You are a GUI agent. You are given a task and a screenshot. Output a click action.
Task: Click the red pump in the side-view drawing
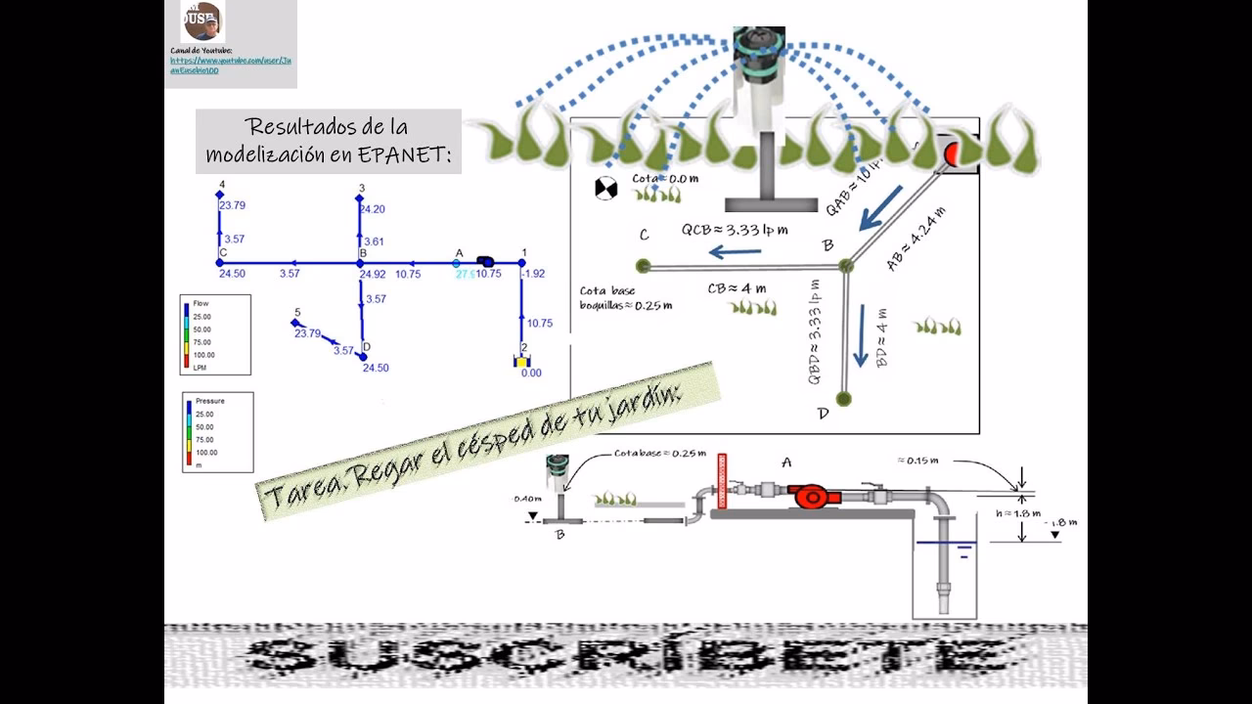[811, 496]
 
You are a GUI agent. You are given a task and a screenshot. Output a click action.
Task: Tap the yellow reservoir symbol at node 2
[523, 361]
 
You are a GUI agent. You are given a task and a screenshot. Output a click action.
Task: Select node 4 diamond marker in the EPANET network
[220, 195]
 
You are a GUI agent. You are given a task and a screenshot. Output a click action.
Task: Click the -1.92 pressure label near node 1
[533, 274]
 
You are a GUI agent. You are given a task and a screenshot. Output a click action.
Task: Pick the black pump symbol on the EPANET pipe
[485, 261]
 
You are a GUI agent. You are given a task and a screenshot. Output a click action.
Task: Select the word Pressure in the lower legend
[210, 401]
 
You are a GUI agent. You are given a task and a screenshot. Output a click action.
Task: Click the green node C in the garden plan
[643, 265]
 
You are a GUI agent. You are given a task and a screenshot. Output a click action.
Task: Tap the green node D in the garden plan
[844, 398]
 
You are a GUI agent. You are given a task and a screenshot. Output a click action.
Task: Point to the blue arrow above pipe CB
[735, 252]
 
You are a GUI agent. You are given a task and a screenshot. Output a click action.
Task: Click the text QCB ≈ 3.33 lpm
[735, 231]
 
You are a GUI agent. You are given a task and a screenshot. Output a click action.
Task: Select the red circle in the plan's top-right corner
[952, 154]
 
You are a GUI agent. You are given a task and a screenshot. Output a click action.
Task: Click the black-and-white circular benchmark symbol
[606, 189]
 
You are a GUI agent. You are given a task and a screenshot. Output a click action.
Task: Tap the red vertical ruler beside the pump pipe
[724, 480]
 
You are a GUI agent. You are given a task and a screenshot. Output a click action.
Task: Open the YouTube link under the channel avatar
[230, 65]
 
